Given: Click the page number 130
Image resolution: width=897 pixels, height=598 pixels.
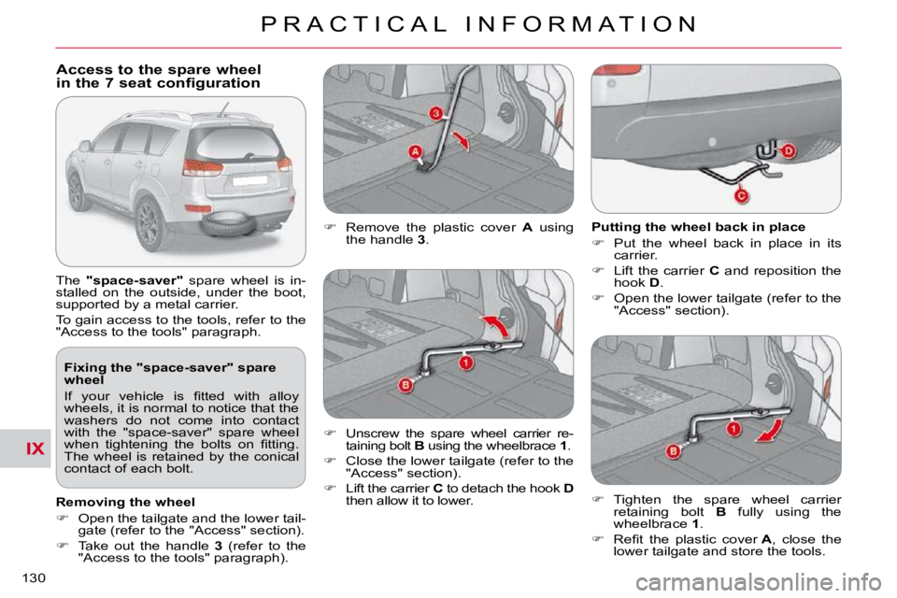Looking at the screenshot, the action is (x=34, y=578).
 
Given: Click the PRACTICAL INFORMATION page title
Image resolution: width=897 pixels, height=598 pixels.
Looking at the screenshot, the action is (x=479, y=24).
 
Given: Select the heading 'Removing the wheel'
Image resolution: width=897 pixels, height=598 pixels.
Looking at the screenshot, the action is (x=125, y=502).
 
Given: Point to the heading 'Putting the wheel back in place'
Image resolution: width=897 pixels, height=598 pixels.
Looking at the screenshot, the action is (x=698, y=227).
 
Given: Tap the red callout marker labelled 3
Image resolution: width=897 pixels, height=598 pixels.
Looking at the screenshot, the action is (x=436, y=113).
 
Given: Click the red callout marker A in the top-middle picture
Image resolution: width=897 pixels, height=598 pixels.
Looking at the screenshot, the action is (x=415, y=152).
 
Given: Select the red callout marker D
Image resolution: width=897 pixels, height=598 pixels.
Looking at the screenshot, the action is (x=789, y=151).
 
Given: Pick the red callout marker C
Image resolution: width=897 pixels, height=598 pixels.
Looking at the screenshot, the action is (x=741, y=196).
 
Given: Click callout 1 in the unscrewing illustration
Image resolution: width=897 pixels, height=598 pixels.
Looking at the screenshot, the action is (x=466, y=363).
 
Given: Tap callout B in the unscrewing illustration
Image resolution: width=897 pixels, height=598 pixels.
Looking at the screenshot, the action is (x=406, y=385).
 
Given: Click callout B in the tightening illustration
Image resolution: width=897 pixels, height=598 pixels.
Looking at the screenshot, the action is (x=674, y=451).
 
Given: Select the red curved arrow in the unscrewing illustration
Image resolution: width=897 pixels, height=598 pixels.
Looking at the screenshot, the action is (x=495, y=326).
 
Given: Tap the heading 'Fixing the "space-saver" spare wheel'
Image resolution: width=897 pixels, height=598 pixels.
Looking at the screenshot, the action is (x=170, y=374).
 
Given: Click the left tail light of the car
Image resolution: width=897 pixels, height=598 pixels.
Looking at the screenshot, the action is (x=203, y=167).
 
